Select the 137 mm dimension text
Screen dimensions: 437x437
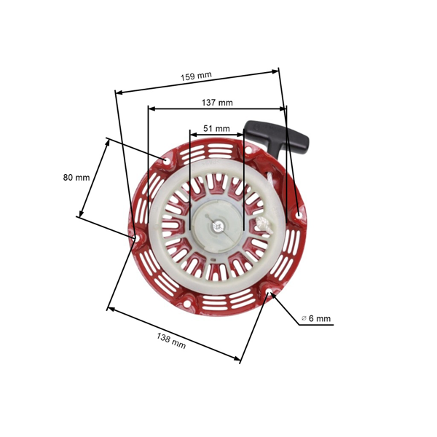217,103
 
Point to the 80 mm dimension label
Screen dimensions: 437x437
76,177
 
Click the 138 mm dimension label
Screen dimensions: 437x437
171,340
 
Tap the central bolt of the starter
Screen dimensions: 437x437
216,225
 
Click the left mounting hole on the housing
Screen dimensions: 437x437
134,237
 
